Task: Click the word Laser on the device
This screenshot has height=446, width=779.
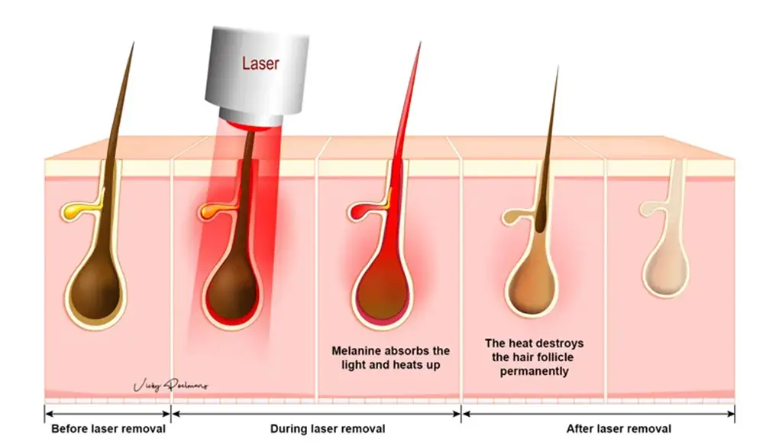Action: click(x=260, y=63)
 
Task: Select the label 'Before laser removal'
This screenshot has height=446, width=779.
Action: click(x=108, y=428)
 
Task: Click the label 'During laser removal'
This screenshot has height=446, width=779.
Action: click(x=328, y=428)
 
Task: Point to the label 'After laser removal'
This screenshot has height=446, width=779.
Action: click(x=619, y=428)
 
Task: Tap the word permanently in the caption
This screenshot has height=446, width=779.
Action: click(x=534, y=371)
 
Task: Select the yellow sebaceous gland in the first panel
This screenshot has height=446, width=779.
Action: click(x=75, y=208)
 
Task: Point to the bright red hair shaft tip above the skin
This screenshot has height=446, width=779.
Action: click(x=418, y=47)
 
